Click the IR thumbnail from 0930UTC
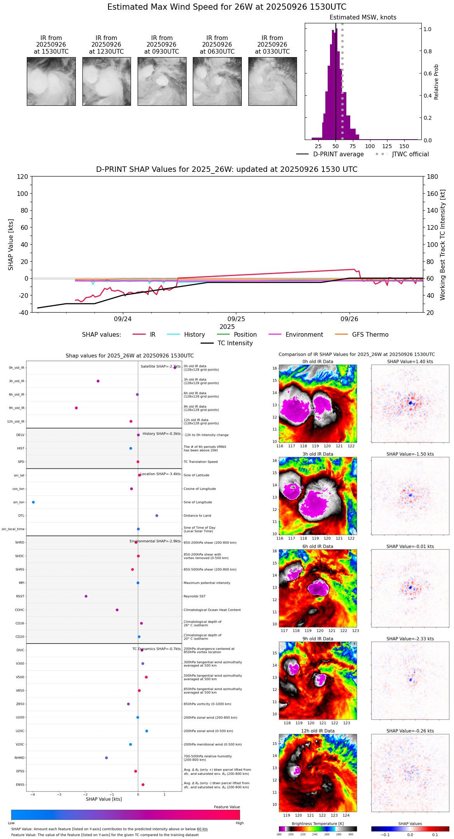point(162,81)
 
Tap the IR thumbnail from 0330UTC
point(272,81)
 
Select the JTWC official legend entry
point(410,154)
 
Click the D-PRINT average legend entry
point(338,154)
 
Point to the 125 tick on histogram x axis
point(387,146)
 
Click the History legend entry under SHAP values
point(194,335)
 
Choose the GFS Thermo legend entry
point(370,335)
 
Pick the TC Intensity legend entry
point(235,343)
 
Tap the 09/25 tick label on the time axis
point(236,319)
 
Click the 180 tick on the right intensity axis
point(432,177)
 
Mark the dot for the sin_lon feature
point(33,502)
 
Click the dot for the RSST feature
point(86,596)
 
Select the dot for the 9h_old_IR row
point(76,408)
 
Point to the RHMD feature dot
point(107,758)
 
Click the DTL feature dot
point(157,516)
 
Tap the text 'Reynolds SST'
point(194,596)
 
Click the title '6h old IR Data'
point(318,546)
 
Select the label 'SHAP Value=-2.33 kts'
point(410,639)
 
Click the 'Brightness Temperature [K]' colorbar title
point(318,823)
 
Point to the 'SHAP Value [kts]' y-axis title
point(11,245)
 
